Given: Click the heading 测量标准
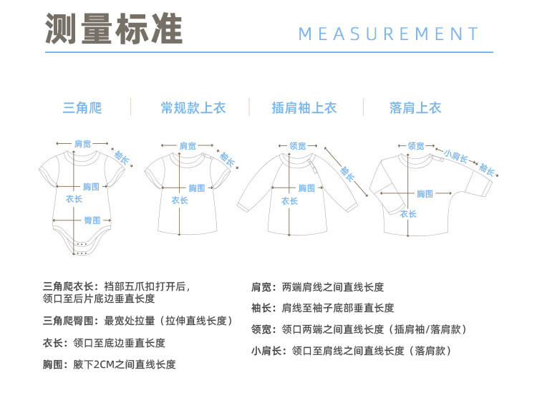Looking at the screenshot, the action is click(114, 29).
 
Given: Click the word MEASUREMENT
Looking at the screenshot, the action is click(388, 34).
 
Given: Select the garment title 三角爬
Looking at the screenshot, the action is click(82, 108).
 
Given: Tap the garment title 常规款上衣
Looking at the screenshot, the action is click(193, 108).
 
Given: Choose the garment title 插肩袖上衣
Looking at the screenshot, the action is click(304, 108).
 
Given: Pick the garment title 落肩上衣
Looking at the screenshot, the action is click(415, 108).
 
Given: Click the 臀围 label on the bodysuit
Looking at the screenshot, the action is click(92, 220).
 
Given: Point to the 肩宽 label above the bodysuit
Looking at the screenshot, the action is click(83, 144).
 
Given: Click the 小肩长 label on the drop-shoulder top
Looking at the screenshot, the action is click(455, 155).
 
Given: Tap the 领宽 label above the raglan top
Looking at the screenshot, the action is click(296, 146).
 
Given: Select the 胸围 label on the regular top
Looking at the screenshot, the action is click(196, 188).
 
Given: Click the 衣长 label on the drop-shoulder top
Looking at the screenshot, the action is click(408, 213).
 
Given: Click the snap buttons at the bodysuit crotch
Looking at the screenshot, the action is click(81, 252).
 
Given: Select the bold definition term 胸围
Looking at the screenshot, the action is click(56, 364).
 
